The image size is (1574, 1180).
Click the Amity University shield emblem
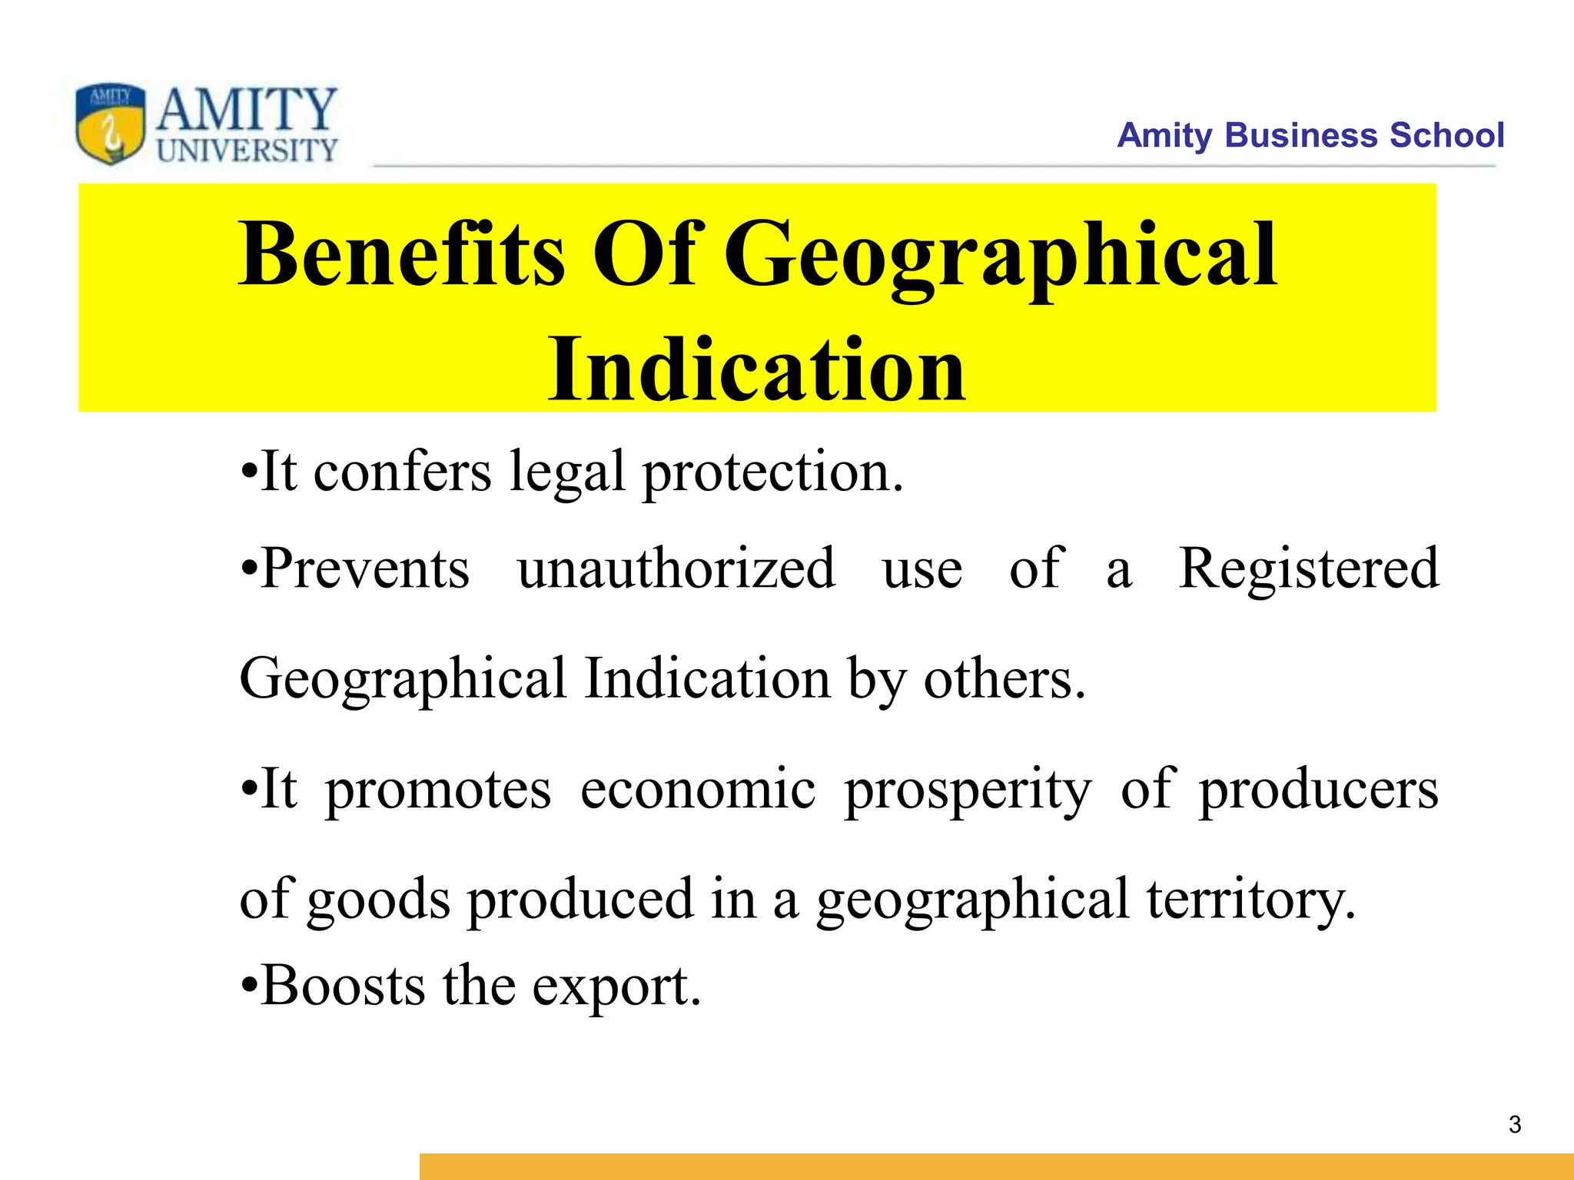click(111, 123)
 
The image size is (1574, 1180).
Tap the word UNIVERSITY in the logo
click(247, 150)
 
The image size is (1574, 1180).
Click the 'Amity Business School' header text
click(1310, 135)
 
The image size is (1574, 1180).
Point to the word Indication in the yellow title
click(757, 370)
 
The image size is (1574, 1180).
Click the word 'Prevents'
click(364, 568)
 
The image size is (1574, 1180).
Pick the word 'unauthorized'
click(676, 568)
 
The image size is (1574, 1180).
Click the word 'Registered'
click(1309, 568)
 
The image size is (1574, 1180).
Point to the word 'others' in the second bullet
click(1004, 679)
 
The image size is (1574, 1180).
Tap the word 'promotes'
click(438, 790)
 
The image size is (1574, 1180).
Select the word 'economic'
click(698, 790)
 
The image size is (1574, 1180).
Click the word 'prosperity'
click(968, 790)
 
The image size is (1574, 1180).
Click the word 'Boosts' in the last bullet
click(343, 986)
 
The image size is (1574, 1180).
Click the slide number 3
click(1515, 1125)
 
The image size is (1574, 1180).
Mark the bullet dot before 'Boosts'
click(247, 986)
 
